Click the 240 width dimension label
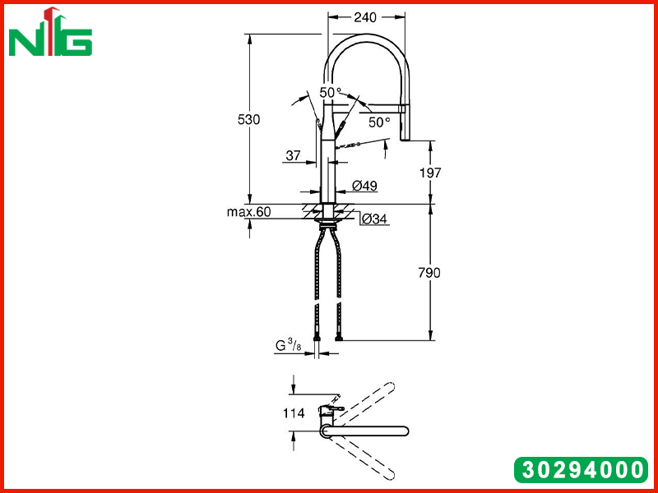pos(365,17)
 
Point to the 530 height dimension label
pos(249,119)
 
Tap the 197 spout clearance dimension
pos(430,173)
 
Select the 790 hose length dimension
pos(429,273)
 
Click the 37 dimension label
pos(294,155)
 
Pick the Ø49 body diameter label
pos(364,186)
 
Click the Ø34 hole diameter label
pos(374,219)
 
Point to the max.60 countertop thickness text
pos(249,212)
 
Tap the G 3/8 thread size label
pos(289,345)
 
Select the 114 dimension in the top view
pos(294,413)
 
